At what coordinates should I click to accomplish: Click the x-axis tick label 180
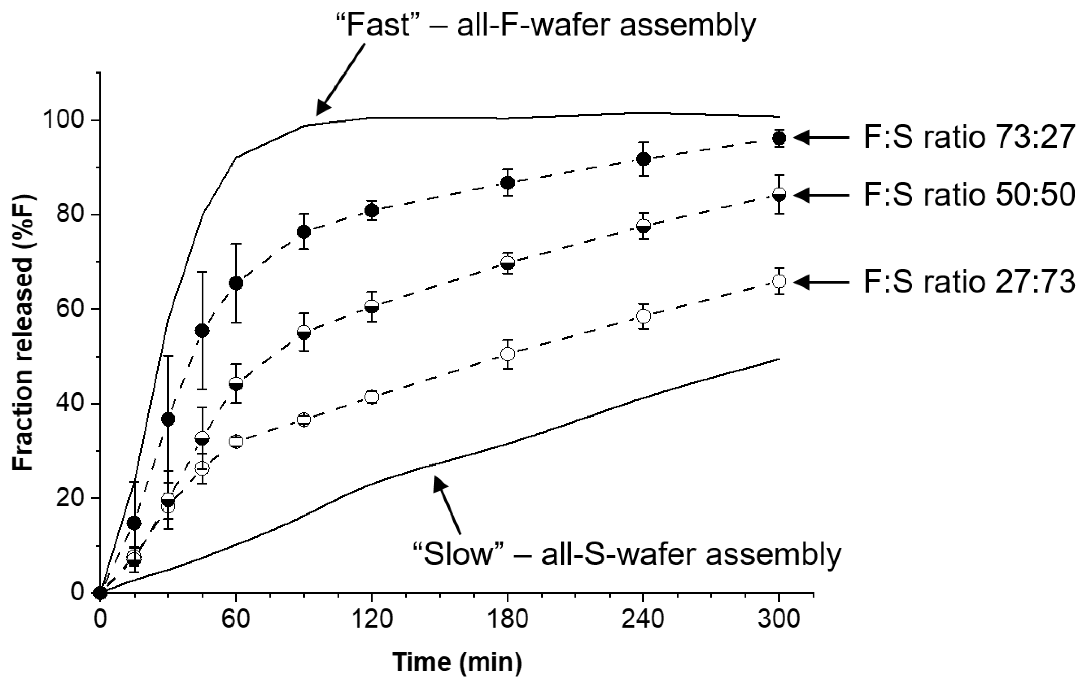point(507,620)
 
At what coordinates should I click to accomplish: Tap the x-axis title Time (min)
point(457,662)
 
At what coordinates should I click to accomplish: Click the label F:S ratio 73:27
point(969,137)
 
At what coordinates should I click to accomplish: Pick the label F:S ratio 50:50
point(969,195)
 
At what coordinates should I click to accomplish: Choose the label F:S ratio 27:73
point(969,282)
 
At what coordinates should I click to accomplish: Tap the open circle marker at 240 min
point(643,316)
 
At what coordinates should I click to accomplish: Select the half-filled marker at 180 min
point(508,263)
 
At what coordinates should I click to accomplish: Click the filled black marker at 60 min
point(236,283)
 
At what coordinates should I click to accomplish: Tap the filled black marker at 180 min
point(508,182)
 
